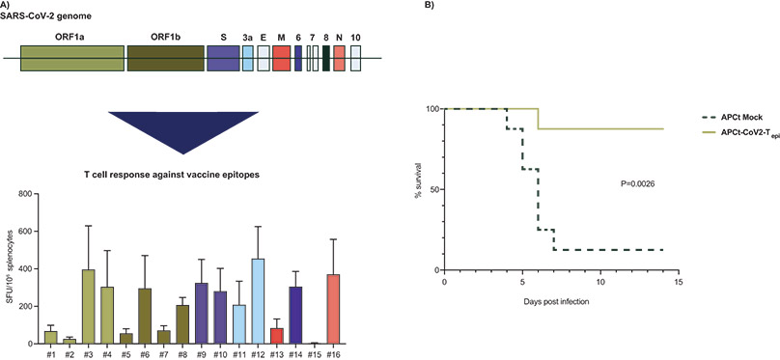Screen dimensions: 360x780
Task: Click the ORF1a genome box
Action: (71, 58)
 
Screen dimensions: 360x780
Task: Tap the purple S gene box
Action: (223, 58)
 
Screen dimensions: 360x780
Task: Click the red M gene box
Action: (281, 58)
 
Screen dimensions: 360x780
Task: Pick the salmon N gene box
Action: (339, 58)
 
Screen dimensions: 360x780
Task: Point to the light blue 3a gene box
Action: (248, 58)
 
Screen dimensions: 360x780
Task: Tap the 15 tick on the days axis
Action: (679, 283)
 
